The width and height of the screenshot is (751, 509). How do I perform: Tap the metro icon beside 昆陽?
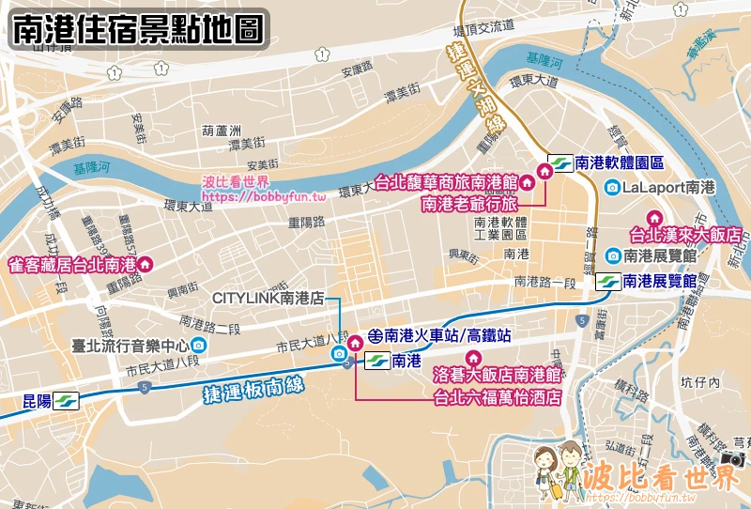point(66,401)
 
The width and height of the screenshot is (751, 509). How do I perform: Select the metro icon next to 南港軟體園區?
point(559,162)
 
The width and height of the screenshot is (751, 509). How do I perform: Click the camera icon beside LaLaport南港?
point(612,187)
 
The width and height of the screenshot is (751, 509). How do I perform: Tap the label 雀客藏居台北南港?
point(71,264)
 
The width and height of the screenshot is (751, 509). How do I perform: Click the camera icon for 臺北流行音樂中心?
point(196,345)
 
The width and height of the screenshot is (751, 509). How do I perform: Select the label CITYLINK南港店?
point(268,298)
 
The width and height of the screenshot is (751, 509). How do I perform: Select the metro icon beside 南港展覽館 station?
point(606,281)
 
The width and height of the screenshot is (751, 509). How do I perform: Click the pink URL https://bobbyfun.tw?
point(264,197)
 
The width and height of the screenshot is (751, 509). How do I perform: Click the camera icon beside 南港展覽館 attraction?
point(612,254)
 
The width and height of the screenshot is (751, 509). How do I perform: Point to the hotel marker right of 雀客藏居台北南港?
point(146,264)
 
